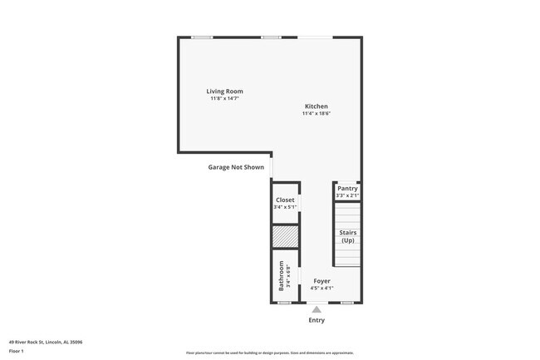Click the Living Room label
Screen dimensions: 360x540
pos(224,91)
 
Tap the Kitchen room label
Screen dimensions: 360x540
pos(316,106)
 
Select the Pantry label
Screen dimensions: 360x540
pos(347,189)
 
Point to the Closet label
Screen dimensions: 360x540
pos(285,200)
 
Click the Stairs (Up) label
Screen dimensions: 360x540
pos(347,236)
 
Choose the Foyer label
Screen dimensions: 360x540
pos(322,281)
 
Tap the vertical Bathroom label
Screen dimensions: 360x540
pos(282,275)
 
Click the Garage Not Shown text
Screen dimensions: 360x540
pos(236,167)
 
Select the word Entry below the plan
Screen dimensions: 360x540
pos(317,320)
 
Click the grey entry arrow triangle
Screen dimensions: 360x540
pos(317,309)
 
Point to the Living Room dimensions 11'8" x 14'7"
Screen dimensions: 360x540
pos(224,99)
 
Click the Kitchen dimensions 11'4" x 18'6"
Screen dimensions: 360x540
pos(316,114)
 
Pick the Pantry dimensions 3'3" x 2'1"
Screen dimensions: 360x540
pos(347,195)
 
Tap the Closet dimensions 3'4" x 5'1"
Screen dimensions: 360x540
pos(285,207)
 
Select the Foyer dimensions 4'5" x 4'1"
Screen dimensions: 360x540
pos(322,288)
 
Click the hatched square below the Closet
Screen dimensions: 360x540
pos(285,236)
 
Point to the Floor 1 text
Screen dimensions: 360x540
pos(17,351)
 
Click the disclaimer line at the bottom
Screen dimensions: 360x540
pos(270,353)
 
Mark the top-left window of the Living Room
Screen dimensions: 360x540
pos(202,37)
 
